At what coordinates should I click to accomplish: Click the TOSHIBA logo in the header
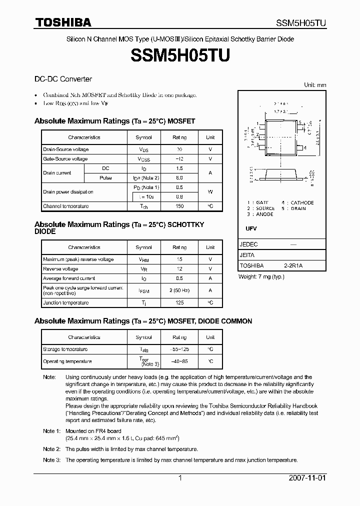63,23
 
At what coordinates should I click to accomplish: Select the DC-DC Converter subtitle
63,79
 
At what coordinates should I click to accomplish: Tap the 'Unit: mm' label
315,85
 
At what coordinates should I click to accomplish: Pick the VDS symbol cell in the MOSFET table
144,149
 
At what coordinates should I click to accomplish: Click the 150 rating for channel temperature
179,206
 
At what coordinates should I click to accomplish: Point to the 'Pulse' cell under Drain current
105,178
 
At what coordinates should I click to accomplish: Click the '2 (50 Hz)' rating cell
179,290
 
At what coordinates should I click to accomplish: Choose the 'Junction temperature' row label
66,302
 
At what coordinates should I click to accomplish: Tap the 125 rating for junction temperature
179,302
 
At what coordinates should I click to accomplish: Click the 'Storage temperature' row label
65,349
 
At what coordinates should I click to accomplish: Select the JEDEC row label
248,244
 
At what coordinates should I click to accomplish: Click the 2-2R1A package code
293,265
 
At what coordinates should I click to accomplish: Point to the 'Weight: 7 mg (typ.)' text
261,276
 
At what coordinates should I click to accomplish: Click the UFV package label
251,228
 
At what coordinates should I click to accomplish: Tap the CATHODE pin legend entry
302,202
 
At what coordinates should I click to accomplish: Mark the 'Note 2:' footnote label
51,449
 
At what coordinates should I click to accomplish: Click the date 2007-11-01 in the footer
307,478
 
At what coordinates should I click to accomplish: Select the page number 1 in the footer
180,478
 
